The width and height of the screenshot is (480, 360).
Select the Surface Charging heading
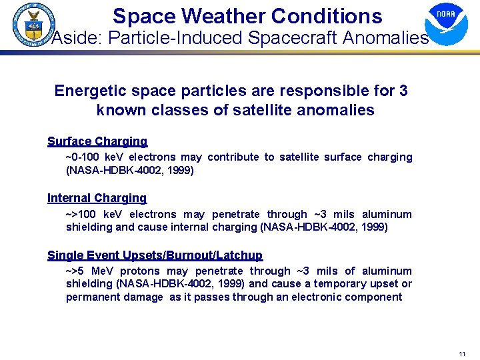coord(97,141)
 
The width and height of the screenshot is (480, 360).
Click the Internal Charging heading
coord(97,198)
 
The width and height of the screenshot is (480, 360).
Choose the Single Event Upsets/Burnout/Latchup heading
coord(155,255)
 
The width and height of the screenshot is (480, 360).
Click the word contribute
coord(233,157)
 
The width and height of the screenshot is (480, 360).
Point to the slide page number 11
coord(461,353)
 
